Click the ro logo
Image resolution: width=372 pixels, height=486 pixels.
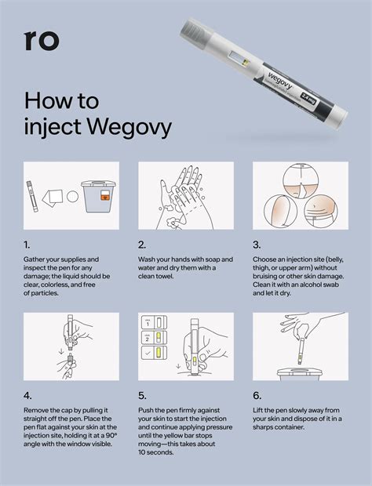[x=41, y=40]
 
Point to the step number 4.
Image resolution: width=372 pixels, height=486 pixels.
[x=28, y=396]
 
